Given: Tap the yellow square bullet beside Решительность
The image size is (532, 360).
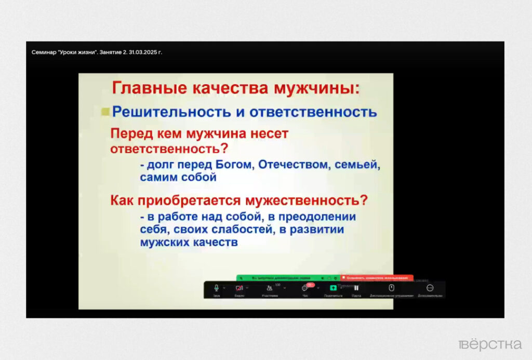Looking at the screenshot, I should click(x=105, y=111).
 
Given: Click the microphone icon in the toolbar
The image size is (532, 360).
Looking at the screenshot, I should click(x=216, y=288).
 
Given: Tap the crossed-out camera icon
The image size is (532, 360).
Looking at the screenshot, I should click(x=239, y=288).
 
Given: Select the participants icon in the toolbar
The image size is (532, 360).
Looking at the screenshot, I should click(x=269, y=288).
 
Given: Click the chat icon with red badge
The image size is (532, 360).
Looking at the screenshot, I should click(x=305, y=288).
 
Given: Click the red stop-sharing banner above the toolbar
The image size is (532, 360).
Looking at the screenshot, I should click(x=377, y=278).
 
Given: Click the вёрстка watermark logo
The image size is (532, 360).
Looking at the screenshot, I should click(x=490, y=344).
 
